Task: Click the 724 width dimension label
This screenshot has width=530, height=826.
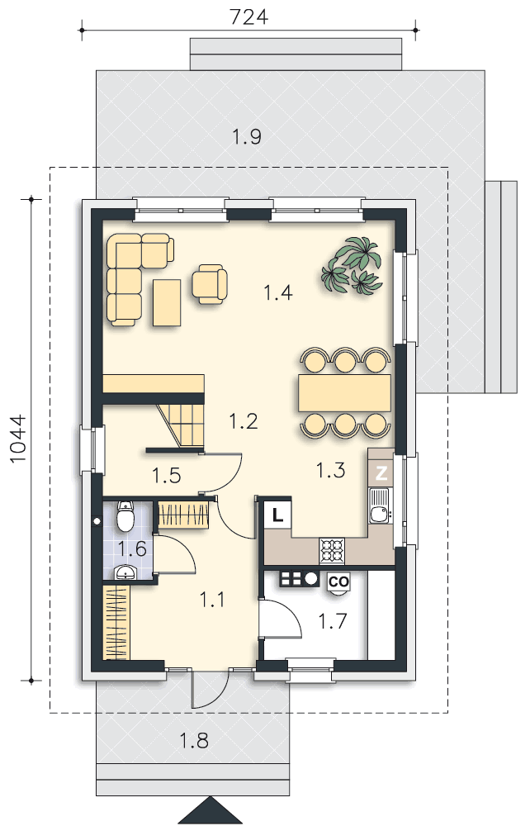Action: coord(248,17)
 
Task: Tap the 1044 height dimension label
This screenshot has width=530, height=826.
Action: coord(17,439)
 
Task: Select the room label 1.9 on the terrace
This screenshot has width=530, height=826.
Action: coord(247,137)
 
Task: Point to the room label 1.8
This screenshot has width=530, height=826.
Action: coord(194,741)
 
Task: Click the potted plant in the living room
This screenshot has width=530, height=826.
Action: coord(352,265)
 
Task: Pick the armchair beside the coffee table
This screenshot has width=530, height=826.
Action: coord(210,283)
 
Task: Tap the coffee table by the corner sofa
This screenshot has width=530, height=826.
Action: coord(167,302)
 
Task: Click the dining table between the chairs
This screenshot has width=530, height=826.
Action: coord(345,392)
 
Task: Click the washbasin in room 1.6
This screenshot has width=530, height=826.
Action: coord(125,572)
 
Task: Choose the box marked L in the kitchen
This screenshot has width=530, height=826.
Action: coord(277,515)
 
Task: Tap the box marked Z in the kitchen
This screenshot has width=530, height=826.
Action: coord(381,473)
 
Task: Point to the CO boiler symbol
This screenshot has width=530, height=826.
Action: coord(338,582)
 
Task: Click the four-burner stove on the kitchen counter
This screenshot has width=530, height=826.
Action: coord(332,551)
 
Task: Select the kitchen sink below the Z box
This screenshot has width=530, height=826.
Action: coord(379,506)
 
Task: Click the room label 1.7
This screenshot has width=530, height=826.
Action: coord(333,622)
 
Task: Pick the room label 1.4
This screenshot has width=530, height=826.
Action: coord(278,292)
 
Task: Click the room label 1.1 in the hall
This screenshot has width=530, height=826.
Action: coord(212,600)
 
